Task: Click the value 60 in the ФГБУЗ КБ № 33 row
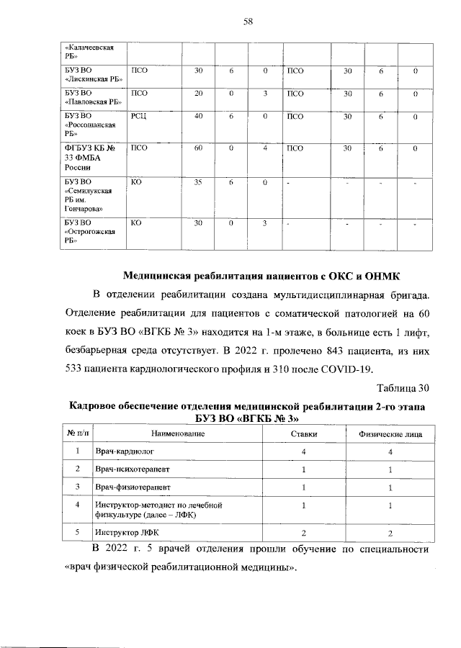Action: [198, 148]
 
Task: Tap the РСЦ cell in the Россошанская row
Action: [139, 117]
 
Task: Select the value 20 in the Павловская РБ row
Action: [198, 94]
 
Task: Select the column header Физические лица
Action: [390, 434]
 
